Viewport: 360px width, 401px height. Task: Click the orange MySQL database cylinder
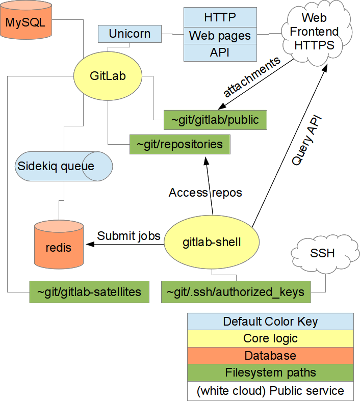(x=26, y=21)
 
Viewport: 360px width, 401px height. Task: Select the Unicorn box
(x=130, y=35)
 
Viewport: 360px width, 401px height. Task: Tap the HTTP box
(x=220, y=17)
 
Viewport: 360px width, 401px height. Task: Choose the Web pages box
(x=220, y=36)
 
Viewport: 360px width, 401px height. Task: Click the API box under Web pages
(x=220, y=52)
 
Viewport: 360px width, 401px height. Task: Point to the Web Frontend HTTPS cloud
(x=314, y=32)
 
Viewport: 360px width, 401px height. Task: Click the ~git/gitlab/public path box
(x=215, y=120)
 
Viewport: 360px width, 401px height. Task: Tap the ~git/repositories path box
(x=179, y=145)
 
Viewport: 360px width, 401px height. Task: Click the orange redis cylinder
(x=59, y=247)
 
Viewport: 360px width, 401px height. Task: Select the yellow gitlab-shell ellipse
(x=211, y=243)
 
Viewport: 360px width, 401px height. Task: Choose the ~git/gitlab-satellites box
(x=89, y=292)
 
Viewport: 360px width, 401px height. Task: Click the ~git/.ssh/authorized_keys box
(x=235, y=292)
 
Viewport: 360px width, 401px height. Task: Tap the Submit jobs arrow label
(x=128, y=236)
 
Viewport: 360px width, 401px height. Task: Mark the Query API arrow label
(x=307, y=139)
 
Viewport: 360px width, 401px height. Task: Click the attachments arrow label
(x=252, y=77)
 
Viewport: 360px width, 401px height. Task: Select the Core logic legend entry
(x=270, y=338)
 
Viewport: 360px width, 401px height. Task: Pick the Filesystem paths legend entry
(x=270, y=372)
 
